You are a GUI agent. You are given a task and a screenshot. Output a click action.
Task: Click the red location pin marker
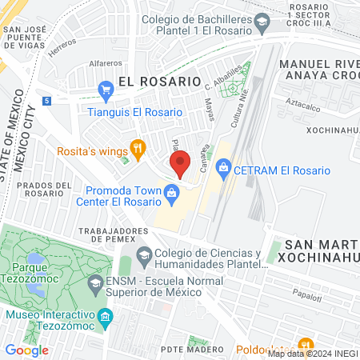[180, 163]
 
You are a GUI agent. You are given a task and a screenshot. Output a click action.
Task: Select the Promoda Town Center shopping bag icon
[170, 192]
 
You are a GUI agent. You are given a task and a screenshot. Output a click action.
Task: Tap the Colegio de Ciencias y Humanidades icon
[144, 257]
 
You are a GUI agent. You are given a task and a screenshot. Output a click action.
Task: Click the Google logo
[26, 350]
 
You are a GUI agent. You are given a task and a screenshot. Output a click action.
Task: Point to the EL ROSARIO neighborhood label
[158, 81]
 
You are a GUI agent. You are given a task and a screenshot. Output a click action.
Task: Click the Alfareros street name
[106, 62]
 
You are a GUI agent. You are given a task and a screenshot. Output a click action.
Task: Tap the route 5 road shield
[48, 100]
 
